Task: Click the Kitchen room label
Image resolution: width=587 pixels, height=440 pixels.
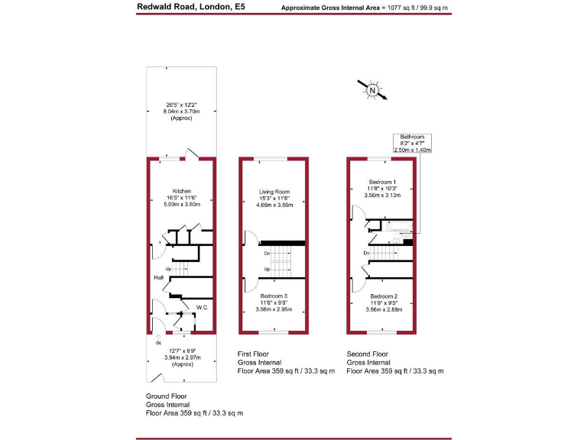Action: pos(181,190)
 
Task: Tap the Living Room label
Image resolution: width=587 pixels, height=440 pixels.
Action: pos(273,190)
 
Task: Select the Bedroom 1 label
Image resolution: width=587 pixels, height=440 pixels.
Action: pos(381,181)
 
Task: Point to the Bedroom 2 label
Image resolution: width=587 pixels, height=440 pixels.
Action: pos(381,296)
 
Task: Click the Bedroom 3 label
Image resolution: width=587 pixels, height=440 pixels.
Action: pos(273,296)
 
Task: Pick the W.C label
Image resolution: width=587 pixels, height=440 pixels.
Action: pos(202,308)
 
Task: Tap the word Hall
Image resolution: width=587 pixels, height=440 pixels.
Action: pos(158,277)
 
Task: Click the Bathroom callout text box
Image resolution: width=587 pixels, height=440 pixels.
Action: pos(412,143)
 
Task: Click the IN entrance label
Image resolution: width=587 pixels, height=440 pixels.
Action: pos(158,343)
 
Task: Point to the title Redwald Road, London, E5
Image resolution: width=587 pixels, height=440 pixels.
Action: pos(181,7)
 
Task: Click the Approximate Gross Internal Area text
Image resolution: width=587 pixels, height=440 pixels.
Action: pos(365,8)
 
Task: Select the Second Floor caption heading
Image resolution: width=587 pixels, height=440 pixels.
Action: pos(368,354)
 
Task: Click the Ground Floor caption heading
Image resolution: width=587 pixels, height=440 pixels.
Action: pos(167,396)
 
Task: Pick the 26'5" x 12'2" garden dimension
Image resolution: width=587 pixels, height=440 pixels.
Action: pos(181,105)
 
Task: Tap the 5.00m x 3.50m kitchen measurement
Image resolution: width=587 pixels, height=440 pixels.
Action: pos(181,205)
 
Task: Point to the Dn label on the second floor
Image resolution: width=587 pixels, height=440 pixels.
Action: pos(367,253)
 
